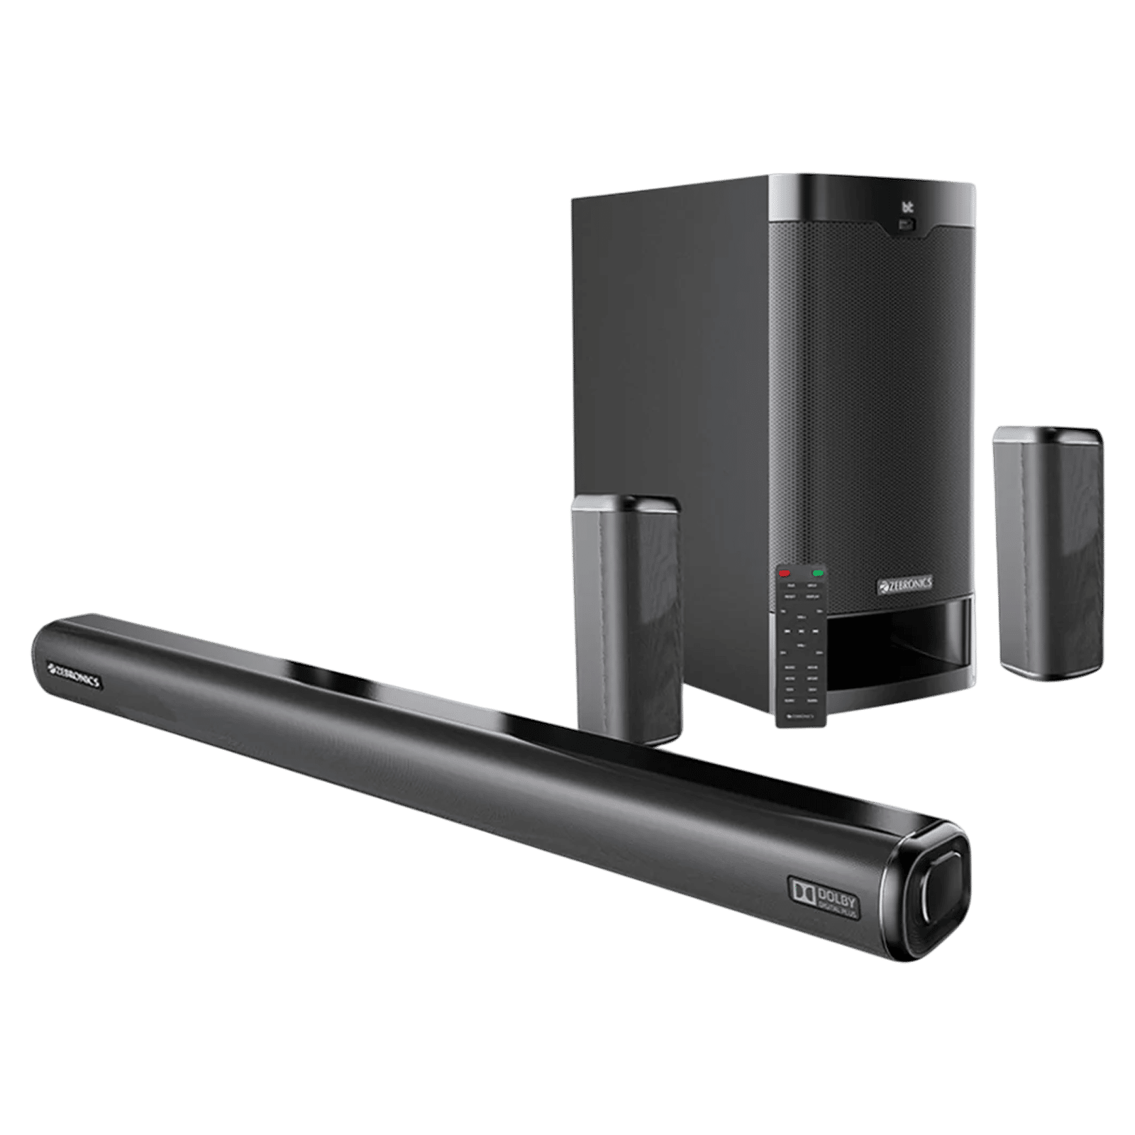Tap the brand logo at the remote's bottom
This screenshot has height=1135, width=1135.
802,718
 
